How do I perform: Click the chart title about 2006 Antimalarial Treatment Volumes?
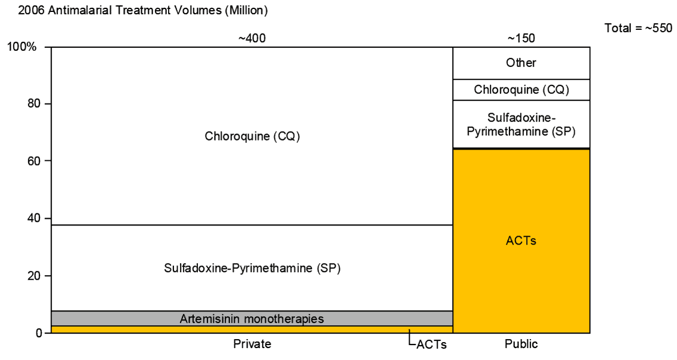point(135,10)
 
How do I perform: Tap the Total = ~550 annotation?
point(638,29)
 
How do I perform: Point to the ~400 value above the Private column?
point(252,38)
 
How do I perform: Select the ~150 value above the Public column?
point(521,38)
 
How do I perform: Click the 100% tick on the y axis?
point(22,47)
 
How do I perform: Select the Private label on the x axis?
point(252,344)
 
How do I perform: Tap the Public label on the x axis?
point(521,344)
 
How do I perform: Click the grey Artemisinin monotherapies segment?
point(252,319)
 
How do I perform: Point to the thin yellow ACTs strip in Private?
point(252,330)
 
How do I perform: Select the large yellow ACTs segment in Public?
point(521,241)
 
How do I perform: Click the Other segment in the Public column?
point(521,63)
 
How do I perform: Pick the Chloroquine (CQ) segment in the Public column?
point(521,90)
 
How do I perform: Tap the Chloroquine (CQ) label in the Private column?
point(252,136)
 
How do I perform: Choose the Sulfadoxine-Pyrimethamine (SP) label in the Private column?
point(252,268)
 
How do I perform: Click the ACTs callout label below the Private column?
point(432,344)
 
